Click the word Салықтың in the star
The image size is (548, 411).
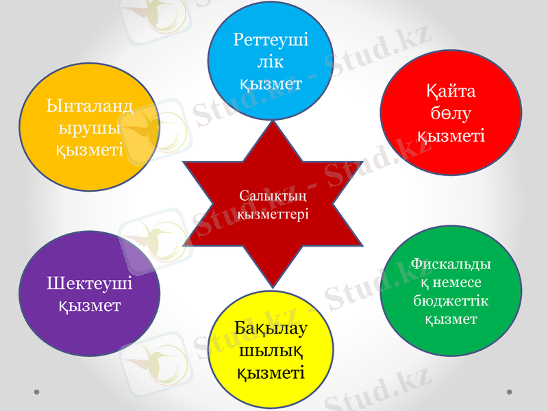pyautogui.click(x=272, y=197)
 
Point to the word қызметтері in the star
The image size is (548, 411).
pyautogui.click(x=272, y=214)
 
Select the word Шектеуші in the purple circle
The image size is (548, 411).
pyautogui.click(x=90, y=283)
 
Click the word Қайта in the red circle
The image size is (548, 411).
pyautogui.click(x=451, y=91)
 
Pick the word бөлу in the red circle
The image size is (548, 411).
pyautogui.click(x=451, y=113)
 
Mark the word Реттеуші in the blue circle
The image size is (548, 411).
pyautogui.click(x=271, y=39)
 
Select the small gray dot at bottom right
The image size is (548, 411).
pyautogui.click(x=509, y=392)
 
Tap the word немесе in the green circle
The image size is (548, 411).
pyautogui.click(x=457, y=282)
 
